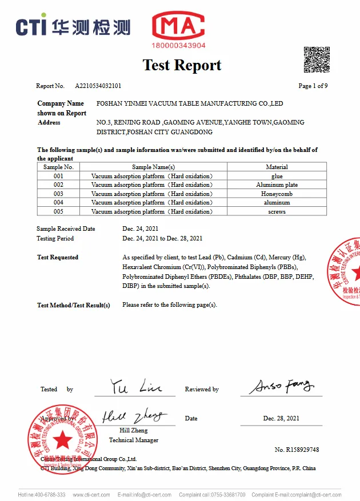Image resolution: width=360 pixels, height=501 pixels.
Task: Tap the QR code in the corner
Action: pyautogui.click(x=316, y=59)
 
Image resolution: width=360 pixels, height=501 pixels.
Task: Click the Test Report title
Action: pyautogui.click(x=182, y=65)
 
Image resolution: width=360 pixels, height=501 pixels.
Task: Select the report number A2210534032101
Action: pyautogui.click(x=98, y=86)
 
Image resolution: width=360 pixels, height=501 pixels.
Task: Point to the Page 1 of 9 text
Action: pyautogui.click(x=313, y=86)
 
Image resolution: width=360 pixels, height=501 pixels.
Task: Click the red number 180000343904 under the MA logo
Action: pyautogui.click(x=178, y=45)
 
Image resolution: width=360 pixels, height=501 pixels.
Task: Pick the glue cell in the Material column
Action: pyautogui.click(x=277, y=176)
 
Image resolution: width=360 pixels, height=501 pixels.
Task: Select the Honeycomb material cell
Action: pyautogui.click(x=277, y=194)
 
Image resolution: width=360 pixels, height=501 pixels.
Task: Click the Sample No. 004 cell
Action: pyautogui.click(x=58, y=203)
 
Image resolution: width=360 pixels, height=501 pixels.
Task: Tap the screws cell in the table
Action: pyautogui.click(x=277, y=211)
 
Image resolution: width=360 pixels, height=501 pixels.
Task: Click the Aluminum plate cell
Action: pyautogui.click(x=277, y=185)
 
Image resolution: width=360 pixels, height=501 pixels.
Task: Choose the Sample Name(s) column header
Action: pyautogui.click(x=153, y=167)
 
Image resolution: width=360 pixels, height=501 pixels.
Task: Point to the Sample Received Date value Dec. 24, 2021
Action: pyautogui.click(x=141, y=229)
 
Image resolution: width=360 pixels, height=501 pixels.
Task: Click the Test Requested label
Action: pyautogui.click(x=58, y=258)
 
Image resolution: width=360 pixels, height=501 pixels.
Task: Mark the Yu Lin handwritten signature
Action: pyautogui.click(x=135, y=387)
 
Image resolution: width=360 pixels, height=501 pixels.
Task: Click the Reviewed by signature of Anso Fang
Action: pyautogui.click(x=281, y=386)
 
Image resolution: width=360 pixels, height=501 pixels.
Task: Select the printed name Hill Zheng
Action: pyautogui.click(x=134, y=430)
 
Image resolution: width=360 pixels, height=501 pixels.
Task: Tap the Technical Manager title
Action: pyautogui.click(x=134, y=440)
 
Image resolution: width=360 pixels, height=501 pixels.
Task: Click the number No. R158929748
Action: pyautogui.click(x=297, y=450)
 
